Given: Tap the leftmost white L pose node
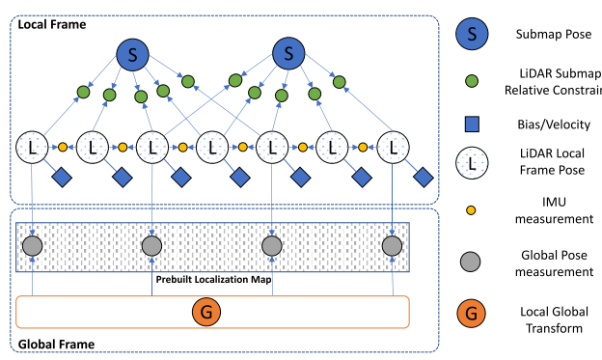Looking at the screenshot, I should pos(34,149).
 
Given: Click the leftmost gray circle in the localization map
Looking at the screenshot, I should pos(34,245).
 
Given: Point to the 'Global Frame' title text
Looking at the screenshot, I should pos(57,343).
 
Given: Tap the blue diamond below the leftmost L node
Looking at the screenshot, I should pos(64,178).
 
